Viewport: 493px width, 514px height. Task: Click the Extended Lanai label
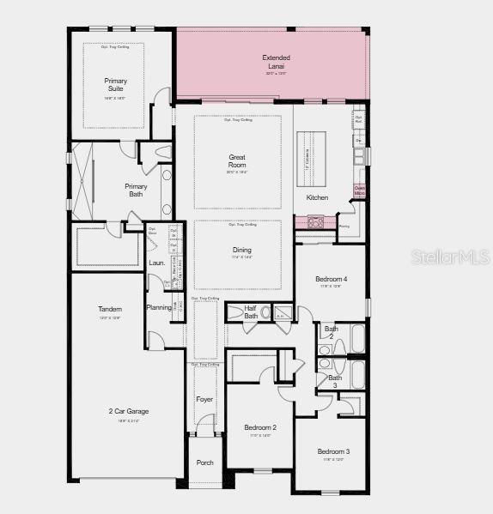[x=275, y=62]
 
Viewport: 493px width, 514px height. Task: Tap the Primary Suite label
[x=116, y=85]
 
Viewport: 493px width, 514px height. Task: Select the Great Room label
[x=237, y=161]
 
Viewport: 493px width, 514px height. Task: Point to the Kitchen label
[x=317, y=197]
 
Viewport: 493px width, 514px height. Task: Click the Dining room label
[x=242, y=251]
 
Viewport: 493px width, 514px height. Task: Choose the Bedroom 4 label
[x=331, y=279]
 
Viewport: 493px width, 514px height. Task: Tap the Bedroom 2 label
[x=259, y=427]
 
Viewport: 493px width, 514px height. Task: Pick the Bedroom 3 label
[x=333, y=451]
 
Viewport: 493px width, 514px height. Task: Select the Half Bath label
[x=251, y=312]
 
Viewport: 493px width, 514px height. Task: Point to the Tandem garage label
[x=110, y=309]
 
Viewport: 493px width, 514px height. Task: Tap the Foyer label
[x=204, y=399]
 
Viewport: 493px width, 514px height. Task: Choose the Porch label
[x=204, y=463]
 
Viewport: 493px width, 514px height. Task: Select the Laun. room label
[x=157, y=263]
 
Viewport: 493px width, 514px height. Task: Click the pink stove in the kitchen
[x=315, y=222]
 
